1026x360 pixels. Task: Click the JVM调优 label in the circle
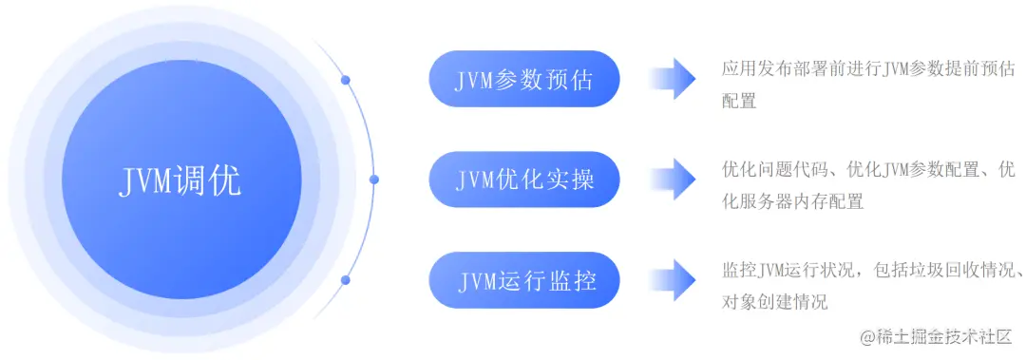(180, 180)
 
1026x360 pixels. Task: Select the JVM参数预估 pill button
(524, 79)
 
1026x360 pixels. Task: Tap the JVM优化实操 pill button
(524, 180)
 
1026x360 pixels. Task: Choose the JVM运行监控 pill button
(524, 280)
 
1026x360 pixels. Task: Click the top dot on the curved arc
(346, 80)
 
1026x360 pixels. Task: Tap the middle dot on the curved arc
(373, 179)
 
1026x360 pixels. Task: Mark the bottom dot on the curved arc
(346, 279)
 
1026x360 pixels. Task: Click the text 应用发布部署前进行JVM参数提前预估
(867, 68)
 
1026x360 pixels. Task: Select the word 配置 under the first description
(739, 101)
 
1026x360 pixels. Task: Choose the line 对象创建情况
(774, 302)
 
